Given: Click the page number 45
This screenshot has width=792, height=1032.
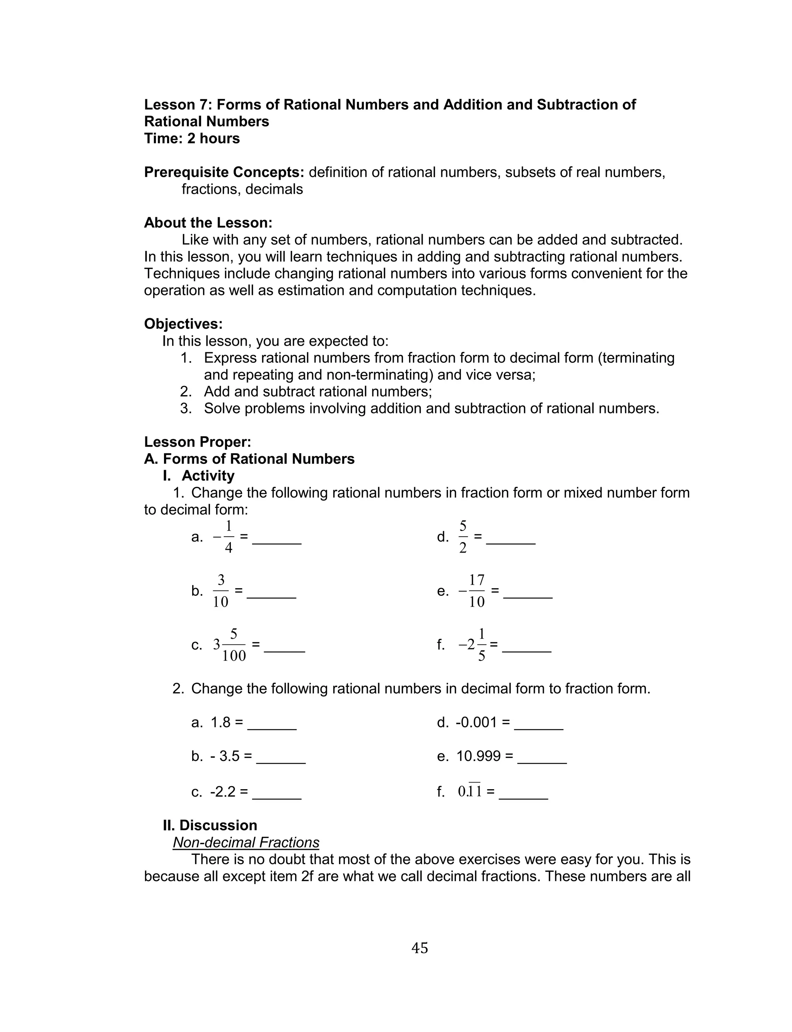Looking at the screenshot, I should coord(420,948).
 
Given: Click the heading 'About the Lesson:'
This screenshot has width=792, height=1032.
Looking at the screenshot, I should coord(208,223).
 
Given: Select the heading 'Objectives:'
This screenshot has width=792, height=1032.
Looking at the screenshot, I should coord(183,324).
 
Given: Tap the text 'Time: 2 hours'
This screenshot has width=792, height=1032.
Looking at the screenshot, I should coord(192,138).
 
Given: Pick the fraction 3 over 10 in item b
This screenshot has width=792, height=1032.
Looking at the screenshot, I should coord(221,591).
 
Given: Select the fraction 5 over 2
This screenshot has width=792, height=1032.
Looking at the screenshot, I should coord(463,537).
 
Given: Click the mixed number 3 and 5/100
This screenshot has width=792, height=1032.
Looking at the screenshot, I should coord(230,645).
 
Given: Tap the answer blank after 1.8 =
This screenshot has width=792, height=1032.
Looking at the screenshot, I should coord(272,724).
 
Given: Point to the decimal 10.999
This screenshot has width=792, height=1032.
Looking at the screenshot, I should coord(478,756).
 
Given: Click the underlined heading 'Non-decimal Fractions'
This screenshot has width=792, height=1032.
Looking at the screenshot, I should coord(246,843).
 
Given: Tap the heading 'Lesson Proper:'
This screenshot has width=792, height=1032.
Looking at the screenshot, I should coord(198,442).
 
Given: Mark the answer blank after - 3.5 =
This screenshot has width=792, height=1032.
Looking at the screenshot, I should coord(281,758).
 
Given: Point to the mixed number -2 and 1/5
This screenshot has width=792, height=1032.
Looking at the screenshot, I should coord(473,645).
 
